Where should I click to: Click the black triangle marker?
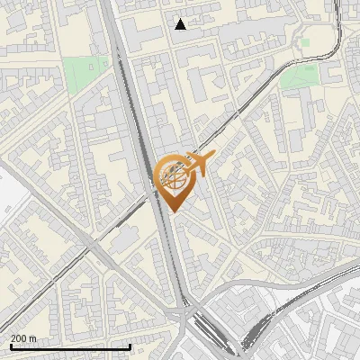click(181, 24)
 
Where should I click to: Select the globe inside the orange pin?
click(172, 177)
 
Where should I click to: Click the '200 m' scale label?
click(22, 338)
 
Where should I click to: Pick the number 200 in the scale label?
click(18, 338)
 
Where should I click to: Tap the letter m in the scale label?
click(32, 338)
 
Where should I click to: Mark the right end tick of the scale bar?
click(130, 346)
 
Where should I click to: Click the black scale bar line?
click(70, 347)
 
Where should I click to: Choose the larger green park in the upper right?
click(299, 78)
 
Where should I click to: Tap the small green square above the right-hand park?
click(305, 41)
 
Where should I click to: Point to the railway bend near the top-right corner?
click(341, 36)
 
